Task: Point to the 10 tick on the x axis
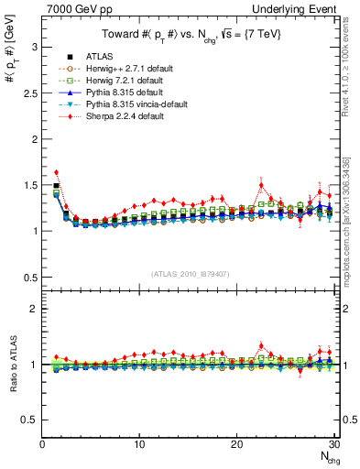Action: (x=139, y=445)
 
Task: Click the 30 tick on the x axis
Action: (x=334, y=445)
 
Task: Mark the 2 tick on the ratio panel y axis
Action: (x=34, y=309)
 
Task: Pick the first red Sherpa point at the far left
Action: (x=57, y=172)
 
